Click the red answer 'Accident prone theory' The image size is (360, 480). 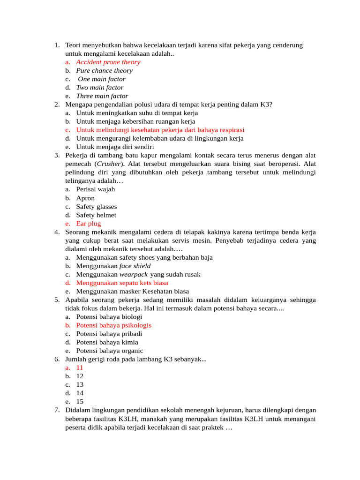(x=108, y=62)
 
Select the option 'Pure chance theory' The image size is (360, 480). (x=104, y=70)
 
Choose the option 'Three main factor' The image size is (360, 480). (x=102, y=96)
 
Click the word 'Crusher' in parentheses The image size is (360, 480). (x=109, y=164)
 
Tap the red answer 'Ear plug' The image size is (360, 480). (x=89, y=224)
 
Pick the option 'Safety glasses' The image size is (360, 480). (x=97, y=206)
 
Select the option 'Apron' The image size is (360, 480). (x=85, y=198)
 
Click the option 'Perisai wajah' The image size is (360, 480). (x=95, y=189)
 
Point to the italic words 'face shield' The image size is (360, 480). (x=135, y=266)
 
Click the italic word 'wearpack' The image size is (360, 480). (x=134, y=274)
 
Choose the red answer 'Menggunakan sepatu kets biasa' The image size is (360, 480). (x=122, y=283)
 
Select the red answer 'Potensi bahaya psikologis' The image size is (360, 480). (x=114, y=325)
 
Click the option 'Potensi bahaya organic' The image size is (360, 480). (x=110, y=351)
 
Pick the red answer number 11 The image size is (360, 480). (x=80, y=367)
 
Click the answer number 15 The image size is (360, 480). (x=80, y=402)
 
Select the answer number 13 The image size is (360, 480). (x=80, y=384)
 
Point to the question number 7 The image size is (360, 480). (x=57, y=410)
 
